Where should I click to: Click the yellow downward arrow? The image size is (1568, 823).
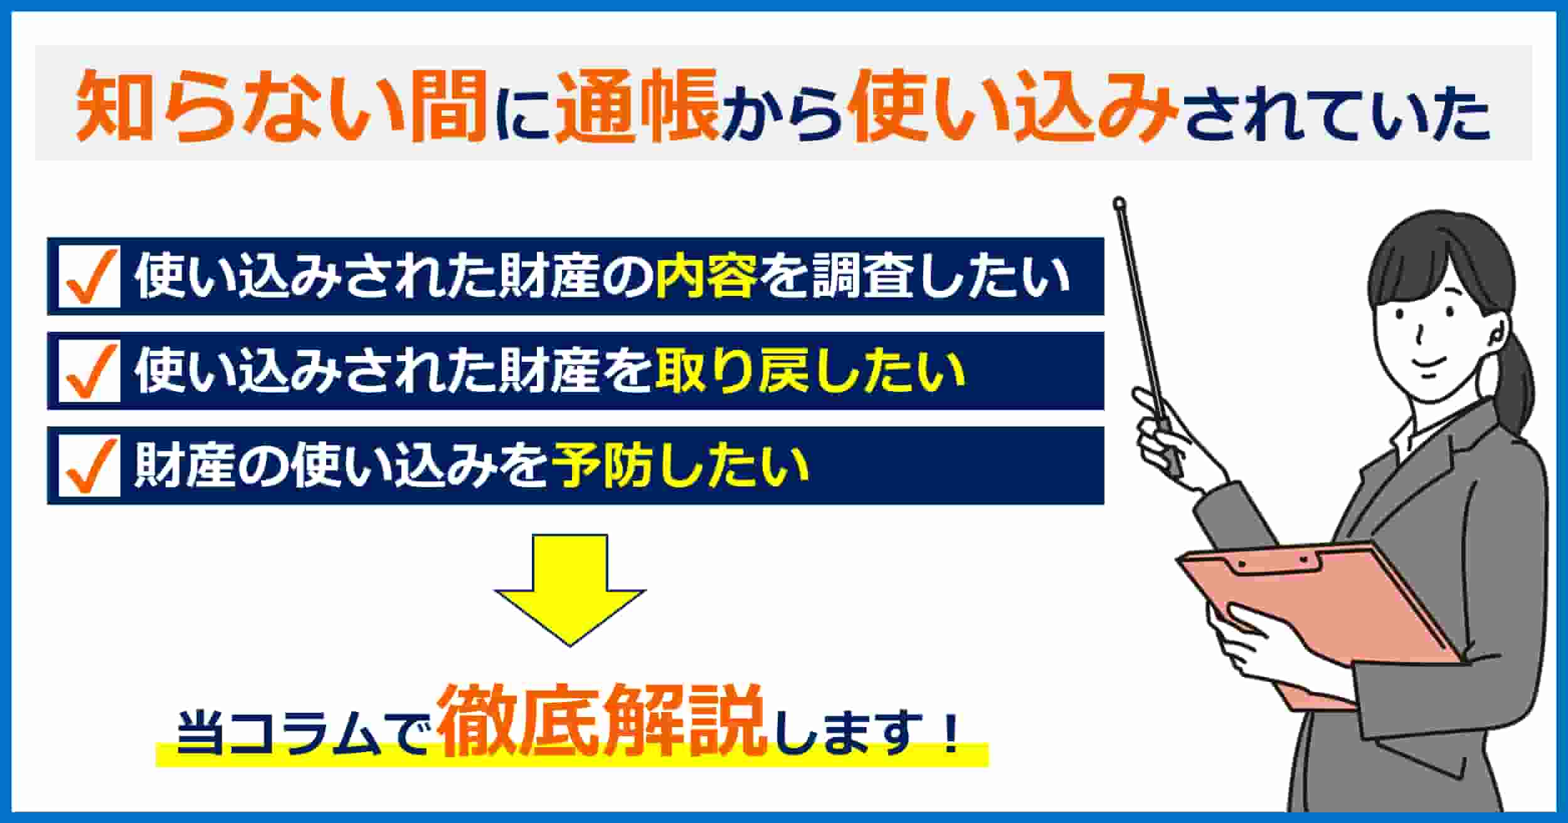click(x=569, y=589)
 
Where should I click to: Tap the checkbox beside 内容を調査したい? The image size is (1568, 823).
click(x=89, y=276)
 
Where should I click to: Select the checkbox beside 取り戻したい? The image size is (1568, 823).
click(x=89, y=371)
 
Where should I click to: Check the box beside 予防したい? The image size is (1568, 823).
click(x=89, y=466)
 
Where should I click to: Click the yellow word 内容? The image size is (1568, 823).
click(x=706, y=276)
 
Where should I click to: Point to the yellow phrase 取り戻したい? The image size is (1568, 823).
click(x=810, y=371)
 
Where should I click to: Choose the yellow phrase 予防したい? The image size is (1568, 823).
click(x=681, y=466)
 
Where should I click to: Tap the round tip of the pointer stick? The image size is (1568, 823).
click(x=1118, y=203)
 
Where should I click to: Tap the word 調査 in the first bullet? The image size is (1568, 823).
click(x=862, y=276)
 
